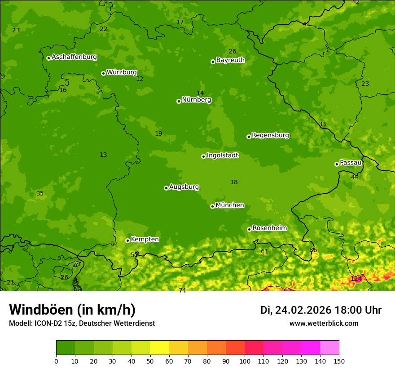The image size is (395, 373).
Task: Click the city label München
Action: pos(230,205)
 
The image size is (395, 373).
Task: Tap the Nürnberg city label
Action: pos(196,100)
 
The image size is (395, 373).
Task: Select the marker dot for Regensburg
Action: pos(249,137)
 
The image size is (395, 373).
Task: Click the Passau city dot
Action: pos(337,164)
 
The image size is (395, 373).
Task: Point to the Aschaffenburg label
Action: pos(74,57)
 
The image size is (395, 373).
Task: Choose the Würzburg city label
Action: pos(121,72)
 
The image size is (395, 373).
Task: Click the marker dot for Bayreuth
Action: pos(213,62)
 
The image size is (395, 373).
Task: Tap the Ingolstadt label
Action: pos(222,155)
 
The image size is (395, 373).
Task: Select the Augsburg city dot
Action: pos(166,188)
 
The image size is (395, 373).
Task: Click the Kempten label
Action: pos(145,240)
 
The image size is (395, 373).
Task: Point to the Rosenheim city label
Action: pos(269,228)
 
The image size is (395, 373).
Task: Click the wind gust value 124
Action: pos(356,279)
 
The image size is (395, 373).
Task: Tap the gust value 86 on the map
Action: pos(313,250)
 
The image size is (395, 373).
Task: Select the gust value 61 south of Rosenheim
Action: pos(264,252)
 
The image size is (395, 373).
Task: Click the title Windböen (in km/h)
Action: pos(72,310)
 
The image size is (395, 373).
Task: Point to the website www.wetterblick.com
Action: pos(324,324)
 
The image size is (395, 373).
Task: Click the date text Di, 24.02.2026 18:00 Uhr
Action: pos(320,310)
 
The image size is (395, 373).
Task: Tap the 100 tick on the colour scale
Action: pos(245,361)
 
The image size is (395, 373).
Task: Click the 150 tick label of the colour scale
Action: pos(339,361)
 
